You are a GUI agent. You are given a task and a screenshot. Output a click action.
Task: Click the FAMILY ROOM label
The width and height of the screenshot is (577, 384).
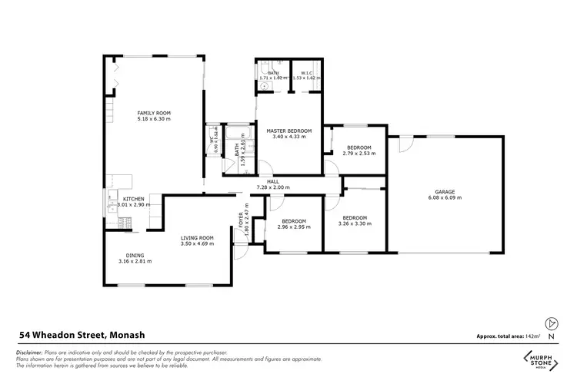coord(154,113)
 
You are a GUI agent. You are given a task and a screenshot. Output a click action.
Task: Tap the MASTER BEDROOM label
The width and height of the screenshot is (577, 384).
coord(289,131)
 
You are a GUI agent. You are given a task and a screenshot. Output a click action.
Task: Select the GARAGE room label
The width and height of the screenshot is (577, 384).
coord(445,191)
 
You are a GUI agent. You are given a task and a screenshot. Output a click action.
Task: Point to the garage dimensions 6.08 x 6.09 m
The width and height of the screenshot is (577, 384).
coord(445,197)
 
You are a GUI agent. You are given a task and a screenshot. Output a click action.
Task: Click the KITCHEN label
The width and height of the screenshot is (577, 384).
coord(133,198)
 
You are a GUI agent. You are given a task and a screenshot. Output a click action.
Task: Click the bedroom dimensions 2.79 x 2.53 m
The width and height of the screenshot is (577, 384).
coord(359,153)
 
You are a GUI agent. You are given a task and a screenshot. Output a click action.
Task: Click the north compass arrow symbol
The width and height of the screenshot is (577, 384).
coord(550,323)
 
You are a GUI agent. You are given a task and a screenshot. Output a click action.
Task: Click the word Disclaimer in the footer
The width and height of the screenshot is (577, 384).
coord(30,351)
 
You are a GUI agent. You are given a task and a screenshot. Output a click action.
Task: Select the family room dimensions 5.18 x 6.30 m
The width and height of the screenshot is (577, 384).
coord(154,119)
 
